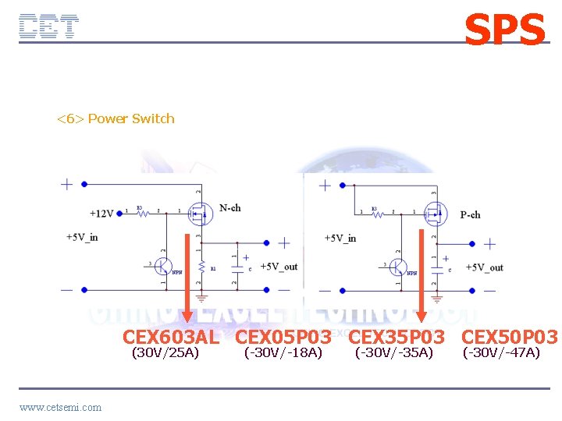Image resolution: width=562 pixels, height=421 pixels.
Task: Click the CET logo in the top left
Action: coord(48,27)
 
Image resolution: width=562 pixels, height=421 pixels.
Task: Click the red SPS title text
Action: coord(504,30)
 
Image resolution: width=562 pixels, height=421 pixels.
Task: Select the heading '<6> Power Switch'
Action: coord(116,119)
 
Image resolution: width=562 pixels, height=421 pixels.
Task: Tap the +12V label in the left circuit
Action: coord(101,213)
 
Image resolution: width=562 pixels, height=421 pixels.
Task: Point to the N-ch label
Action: coord(229,208)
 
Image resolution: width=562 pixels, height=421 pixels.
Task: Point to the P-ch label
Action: coord(470,214)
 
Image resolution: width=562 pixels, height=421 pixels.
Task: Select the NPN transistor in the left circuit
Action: coord(163,266)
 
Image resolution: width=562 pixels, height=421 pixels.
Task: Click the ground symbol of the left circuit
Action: coord(201,297)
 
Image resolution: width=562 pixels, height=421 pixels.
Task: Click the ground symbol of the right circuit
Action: coord(436,297)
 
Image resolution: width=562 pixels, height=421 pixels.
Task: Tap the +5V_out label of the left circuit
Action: coord(279,267)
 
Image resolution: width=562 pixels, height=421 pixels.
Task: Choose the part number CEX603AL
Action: coord(171,338)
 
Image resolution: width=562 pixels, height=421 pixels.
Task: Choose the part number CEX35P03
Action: coord(396,338)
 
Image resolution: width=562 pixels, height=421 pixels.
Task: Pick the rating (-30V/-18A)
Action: coord(283,353)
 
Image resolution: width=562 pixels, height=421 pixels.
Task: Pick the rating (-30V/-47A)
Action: coord(501,353)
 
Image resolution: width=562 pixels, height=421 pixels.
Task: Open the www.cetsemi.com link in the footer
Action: coord(60,407)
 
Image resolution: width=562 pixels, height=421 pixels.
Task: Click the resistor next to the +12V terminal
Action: coord(140,212)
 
